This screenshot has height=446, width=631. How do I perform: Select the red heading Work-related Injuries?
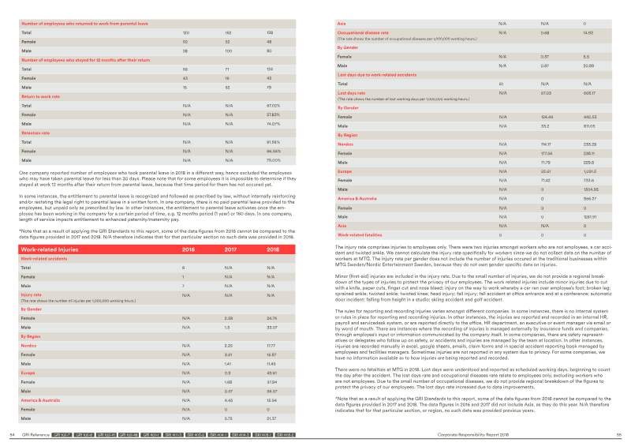[x=53, y=249]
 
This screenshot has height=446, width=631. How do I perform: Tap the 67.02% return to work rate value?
[x=274, y=105]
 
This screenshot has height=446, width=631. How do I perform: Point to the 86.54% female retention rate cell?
[x=274, y=150]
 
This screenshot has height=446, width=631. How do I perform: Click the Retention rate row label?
[x=37, y=132]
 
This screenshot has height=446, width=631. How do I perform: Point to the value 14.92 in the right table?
[x=589, y=33]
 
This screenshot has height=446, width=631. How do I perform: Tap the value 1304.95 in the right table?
[x=591, y=189]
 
